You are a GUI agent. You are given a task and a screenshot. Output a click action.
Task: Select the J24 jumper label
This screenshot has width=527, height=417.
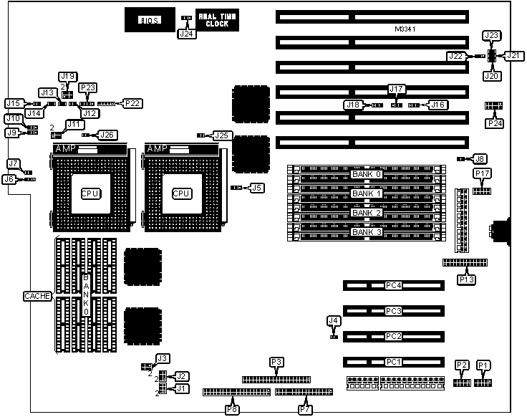pos(187,33)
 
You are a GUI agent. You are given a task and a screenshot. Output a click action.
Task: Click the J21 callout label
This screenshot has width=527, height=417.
pos(514,55)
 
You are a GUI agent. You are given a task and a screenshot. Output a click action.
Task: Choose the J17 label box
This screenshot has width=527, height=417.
pos(397,89)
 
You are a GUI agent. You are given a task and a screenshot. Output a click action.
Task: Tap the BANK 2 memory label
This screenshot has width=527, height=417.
pos(367,214)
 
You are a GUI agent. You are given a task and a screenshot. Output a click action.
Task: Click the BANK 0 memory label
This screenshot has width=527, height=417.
pos(367,174)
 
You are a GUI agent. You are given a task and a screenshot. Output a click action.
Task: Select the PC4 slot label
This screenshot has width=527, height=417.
pos(393,286)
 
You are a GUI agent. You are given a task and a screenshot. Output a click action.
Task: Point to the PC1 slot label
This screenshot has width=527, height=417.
pos(393,362)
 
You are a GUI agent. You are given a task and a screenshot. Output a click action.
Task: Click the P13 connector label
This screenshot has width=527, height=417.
pos(467,278)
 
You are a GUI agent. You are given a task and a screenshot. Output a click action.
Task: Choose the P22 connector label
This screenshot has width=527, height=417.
pos(132,103)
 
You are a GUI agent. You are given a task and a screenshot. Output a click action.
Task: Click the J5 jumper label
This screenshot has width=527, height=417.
pos(256,188)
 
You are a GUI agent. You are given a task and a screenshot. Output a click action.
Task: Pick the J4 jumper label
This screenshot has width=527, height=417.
pos(332,320)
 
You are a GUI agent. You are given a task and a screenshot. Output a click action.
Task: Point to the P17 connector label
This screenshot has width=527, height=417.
pos(482,173)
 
